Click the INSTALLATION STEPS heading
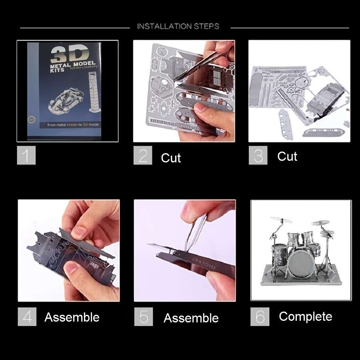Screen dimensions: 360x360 (178, 26)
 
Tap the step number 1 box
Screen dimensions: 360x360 (26, 156)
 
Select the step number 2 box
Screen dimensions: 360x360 (143, 156)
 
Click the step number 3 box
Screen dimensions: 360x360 (258, 156)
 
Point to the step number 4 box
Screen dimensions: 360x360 (27, 317)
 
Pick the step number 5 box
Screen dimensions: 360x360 (143, 317)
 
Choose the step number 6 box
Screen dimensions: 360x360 (260, 317)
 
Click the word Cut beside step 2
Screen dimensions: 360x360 (171, 158)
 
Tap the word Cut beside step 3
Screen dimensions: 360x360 (287, 156)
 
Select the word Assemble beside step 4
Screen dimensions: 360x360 (72, 317)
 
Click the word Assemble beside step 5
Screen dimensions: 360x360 (191, 318)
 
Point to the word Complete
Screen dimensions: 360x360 (306, 316)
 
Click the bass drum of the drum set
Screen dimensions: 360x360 (300, 263)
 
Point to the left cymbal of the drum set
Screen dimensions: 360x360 (281, 220)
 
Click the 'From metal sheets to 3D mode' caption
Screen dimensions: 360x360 (73, 124)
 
